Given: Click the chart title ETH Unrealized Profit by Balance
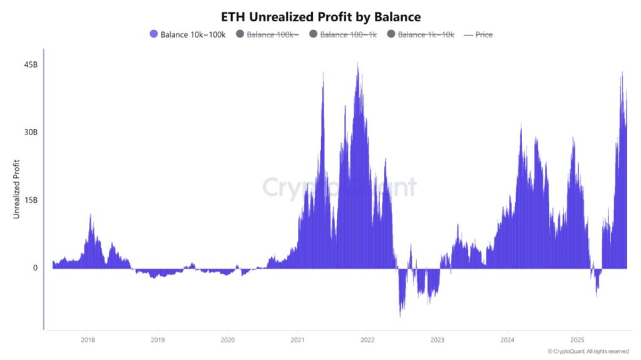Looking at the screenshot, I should [x=320, y=16].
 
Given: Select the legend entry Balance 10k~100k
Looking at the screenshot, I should [x=188, y=34].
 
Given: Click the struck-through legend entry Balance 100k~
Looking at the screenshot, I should [x=267, y=34].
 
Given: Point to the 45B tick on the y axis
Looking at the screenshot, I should [x=31, y=65].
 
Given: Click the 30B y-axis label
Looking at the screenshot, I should [x=31, y=133].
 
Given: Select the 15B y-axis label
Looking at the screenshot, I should [x=31, y=200].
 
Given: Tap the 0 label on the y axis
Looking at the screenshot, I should [x=35, y=268].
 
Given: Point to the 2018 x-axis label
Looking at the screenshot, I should [x=88, y=340].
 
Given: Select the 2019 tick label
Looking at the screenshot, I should [x=158, y=340].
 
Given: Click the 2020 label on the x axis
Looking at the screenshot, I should [x=228, y=340].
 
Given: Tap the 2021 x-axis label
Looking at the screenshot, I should [x=298, y=340].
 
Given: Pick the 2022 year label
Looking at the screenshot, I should [x=367, y=340].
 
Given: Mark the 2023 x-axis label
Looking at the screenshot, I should [x=438, y=340].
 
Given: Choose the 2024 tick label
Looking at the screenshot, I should [x=508, y=340].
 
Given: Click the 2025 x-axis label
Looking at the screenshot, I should [x=578, y=340].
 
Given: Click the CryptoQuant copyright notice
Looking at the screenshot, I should [x=588, y=351].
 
